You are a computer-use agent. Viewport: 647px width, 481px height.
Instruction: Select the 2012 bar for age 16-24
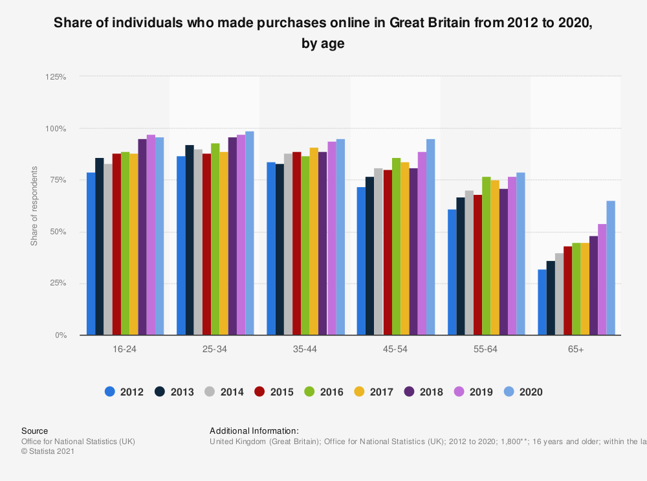coord(91,254)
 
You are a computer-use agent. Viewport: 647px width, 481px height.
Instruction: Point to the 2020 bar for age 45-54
coord(430,237)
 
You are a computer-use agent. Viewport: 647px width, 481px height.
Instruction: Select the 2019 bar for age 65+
coord(602,280)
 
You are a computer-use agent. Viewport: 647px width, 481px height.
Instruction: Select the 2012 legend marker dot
coord(110,392)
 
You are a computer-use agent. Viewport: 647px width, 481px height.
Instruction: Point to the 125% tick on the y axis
coord(56,76)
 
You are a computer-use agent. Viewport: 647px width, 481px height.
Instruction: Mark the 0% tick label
coord(60,335)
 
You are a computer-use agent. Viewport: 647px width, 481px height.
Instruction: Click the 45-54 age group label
coord(395,349)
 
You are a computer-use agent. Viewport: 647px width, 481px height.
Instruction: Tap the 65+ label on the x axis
coord(576,349)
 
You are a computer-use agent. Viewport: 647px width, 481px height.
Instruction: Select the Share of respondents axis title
coord(34,206)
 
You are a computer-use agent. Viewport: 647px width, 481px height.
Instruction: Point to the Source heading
coord(34,431)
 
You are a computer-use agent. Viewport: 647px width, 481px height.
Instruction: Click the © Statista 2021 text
coord(48,451)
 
